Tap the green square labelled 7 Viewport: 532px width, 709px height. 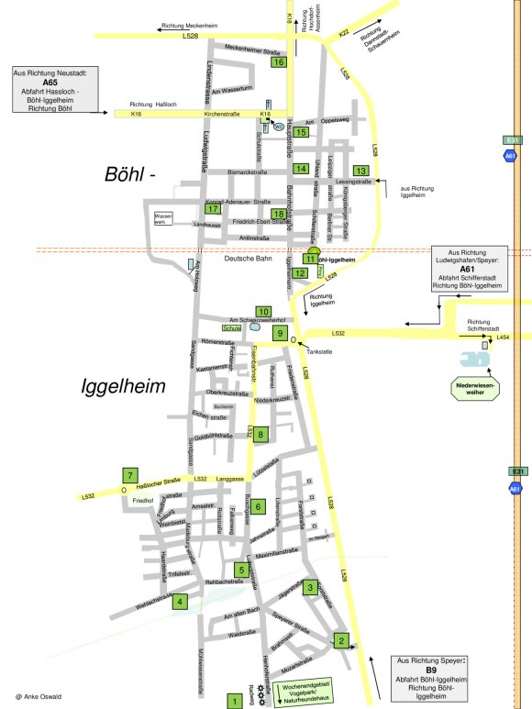131,475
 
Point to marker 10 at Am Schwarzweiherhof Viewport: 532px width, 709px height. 263,312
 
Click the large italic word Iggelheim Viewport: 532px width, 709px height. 123,386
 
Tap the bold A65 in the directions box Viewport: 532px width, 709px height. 50,81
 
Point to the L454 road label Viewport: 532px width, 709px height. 502,338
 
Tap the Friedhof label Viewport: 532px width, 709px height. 143,501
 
